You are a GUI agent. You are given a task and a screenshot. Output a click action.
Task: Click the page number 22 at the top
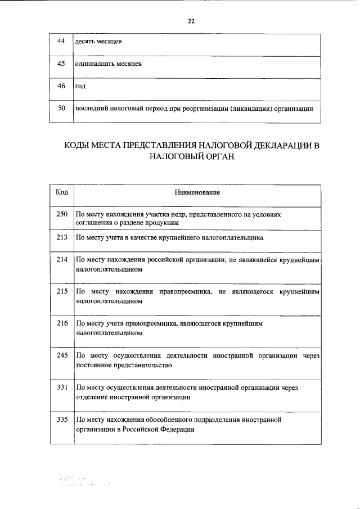click(x=191, y=21)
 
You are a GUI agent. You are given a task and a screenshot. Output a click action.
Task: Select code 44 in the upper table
click(x=62, y=42)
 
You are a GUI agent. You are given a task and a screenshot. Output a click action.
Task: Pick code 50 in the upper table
click(x=62, y=108)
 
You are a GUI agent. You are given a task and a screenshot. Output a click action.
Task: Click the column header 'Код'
click(x=62, y=192)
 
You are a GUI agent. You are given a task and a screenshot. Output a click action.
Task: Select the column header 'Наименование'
click(x=197, y=192)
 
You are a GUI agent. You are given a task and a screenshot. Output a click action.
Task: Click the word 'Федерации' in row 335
click(x=178, y=429)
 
